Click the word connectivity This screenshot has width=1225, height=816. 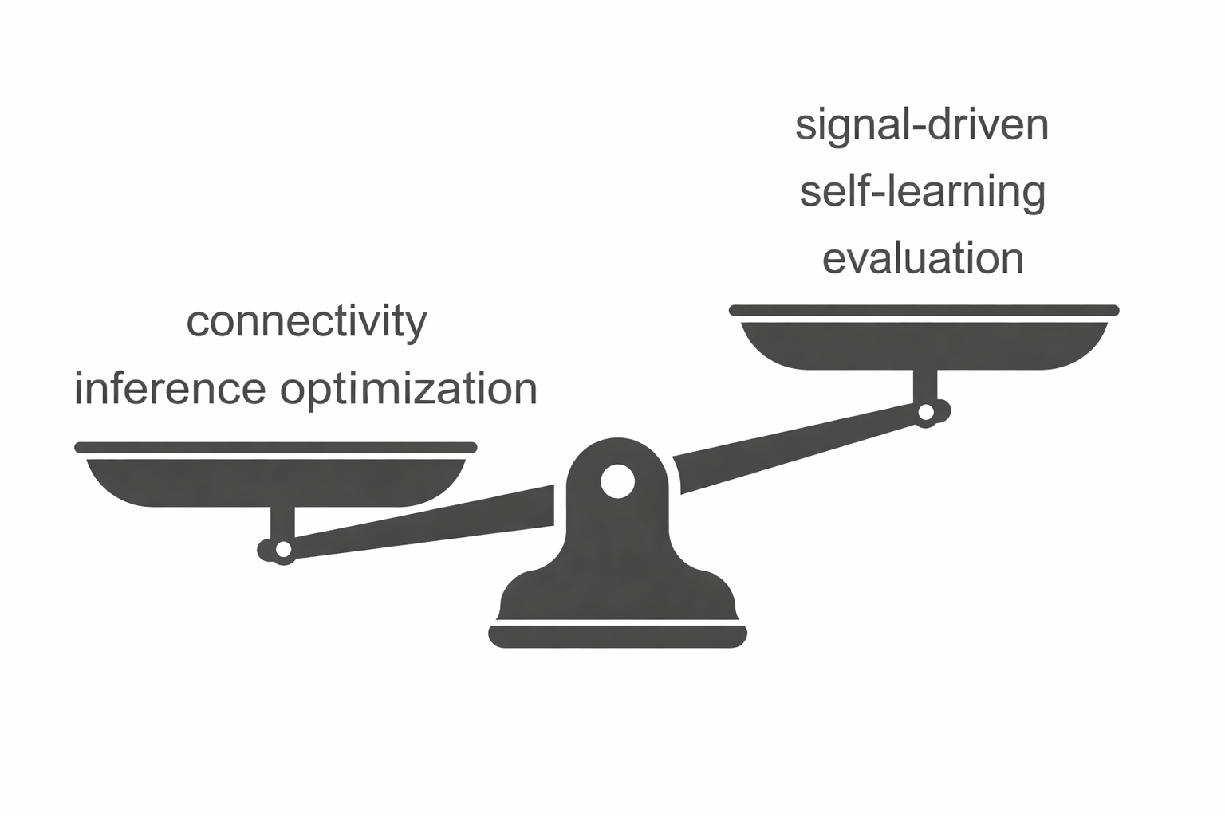[x=306, y=322]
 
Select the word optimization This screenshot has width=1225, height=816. [x=408, y=389]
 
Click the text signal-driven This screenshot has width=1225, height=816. [x=922, y=126]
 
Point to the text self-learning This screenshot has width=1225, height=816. [x=922, y=192]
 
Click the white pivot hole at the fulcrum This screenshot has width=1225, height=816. [x=617, y=481]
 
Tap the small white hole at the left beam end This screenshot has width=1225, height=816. [x=282, y=550]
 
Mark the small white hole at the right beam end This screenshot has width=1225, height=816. [x=926, y=412]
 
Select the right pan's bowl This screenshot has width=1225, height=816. [x=924, y=347]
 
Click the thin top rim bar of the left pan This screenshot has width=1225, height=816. [x=276, y=447]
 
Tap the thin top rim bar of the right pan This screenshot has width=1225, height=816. [x=924, y=310]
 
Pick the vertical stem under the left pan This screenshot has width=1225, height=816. [x=282, y=522]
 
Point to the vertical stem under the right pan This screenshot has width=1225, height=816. [x=925, y=386]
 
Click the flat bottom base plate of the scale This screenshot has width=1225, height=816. [x=617, y=636]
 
